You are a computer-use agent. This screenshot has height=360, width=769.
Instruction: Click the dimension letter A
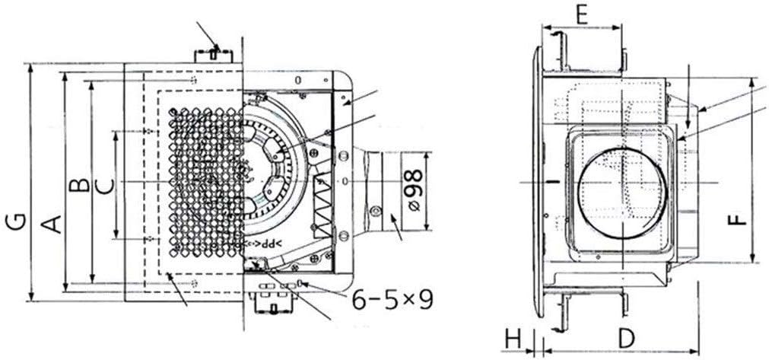(51, 224)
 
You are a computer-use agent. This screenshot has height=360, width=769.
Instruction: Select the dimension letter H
(514, 338)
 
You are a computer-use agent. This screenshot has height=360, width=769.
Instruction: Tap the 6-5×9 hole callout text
(392, 299)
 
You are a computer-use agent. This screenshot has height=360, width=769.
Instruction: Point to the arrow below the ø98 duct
(396, 226)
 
